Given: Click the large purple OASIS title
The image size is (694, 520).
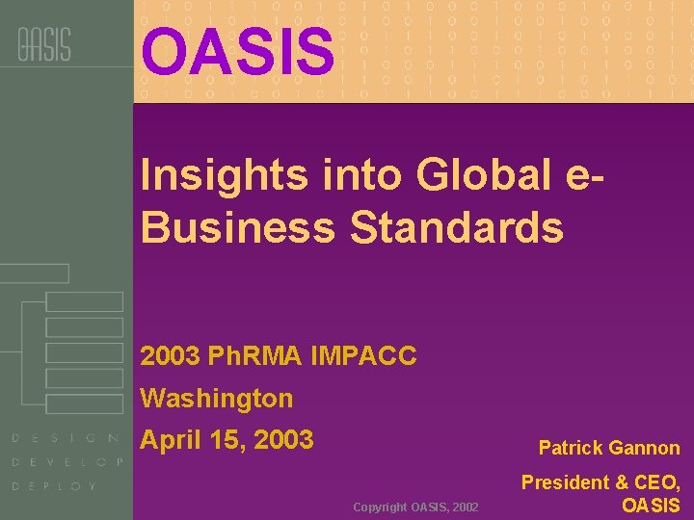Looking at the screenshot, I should click(238, 52).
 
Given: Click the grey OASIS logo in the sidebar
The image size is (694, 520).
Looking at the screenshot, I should click(44, 44).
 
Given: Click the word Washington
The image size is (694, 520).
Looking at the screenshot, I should click(217, 398).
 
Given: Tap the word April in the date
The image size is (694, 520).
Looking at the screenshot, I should click(170, 441).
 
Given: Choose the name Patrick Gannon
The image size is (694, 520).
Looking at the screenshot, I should click(609, 448).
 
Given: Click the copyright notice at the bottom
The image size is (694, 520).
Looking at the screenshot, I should click(415, 507).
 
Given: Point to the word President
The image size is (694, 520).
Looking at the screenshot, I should click(565, 482).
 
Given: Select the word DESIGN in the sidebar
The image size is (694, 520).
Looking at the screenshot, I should click(66, 438).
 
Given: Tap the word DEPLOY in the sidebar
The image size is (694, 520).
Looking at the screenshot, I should click(55, 486).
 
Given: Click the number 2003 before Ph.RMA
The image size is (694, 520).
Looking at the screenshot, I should click(170, 356).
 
